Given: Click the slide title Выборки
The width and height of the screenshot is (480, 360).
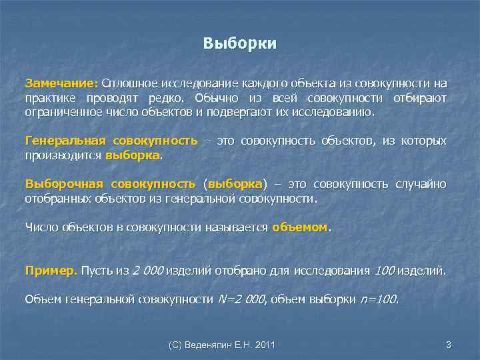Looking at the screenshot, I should [x=239, y=45].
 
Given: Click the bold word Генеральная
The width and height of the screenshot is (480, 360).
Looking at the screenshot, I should [x=65, y=141].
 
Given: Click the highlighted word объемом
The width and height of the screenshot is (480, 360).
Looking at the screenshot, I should [x=300, y=227].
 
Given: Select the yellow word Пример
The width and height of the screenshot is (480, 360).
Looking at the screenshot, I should [x=51, y=271].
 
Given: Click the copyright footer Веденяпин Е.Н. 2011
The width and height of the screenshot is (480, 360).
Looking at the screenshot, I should [x=222, y=345].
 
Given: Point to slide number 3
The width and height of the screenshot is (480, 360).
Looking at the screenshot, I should [x=448, y=345].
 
